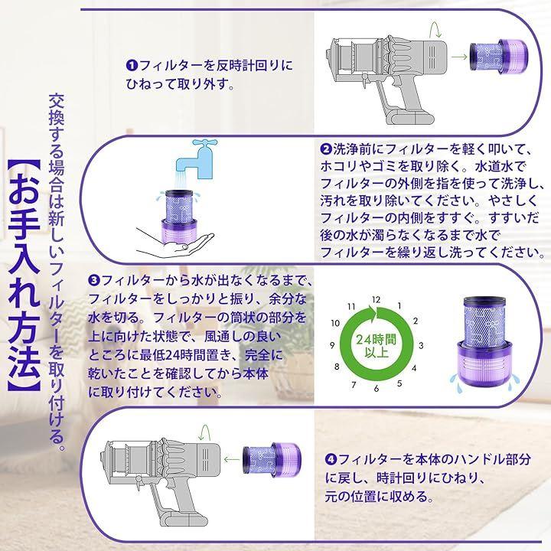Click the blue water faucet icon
(197, 159)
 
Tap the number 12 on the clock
(376, 300)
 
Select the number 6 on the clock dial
(377, 389)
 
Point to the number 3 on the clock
(421, 345)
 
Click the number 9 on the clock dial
(332, 345)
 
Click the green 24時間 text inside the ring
(376, 340)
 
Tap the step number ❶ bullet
(132, 65)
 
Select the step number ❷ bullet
(326, 149)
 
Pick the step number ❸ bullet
(94, 280)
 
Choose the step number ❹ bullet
(331, 459)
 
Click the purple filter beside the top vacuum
(499, 56)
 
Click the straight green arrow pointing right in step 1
(458, 57)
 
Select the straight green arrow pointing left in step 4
(232, 459)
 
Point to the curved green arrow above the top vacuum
(435, 30)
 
